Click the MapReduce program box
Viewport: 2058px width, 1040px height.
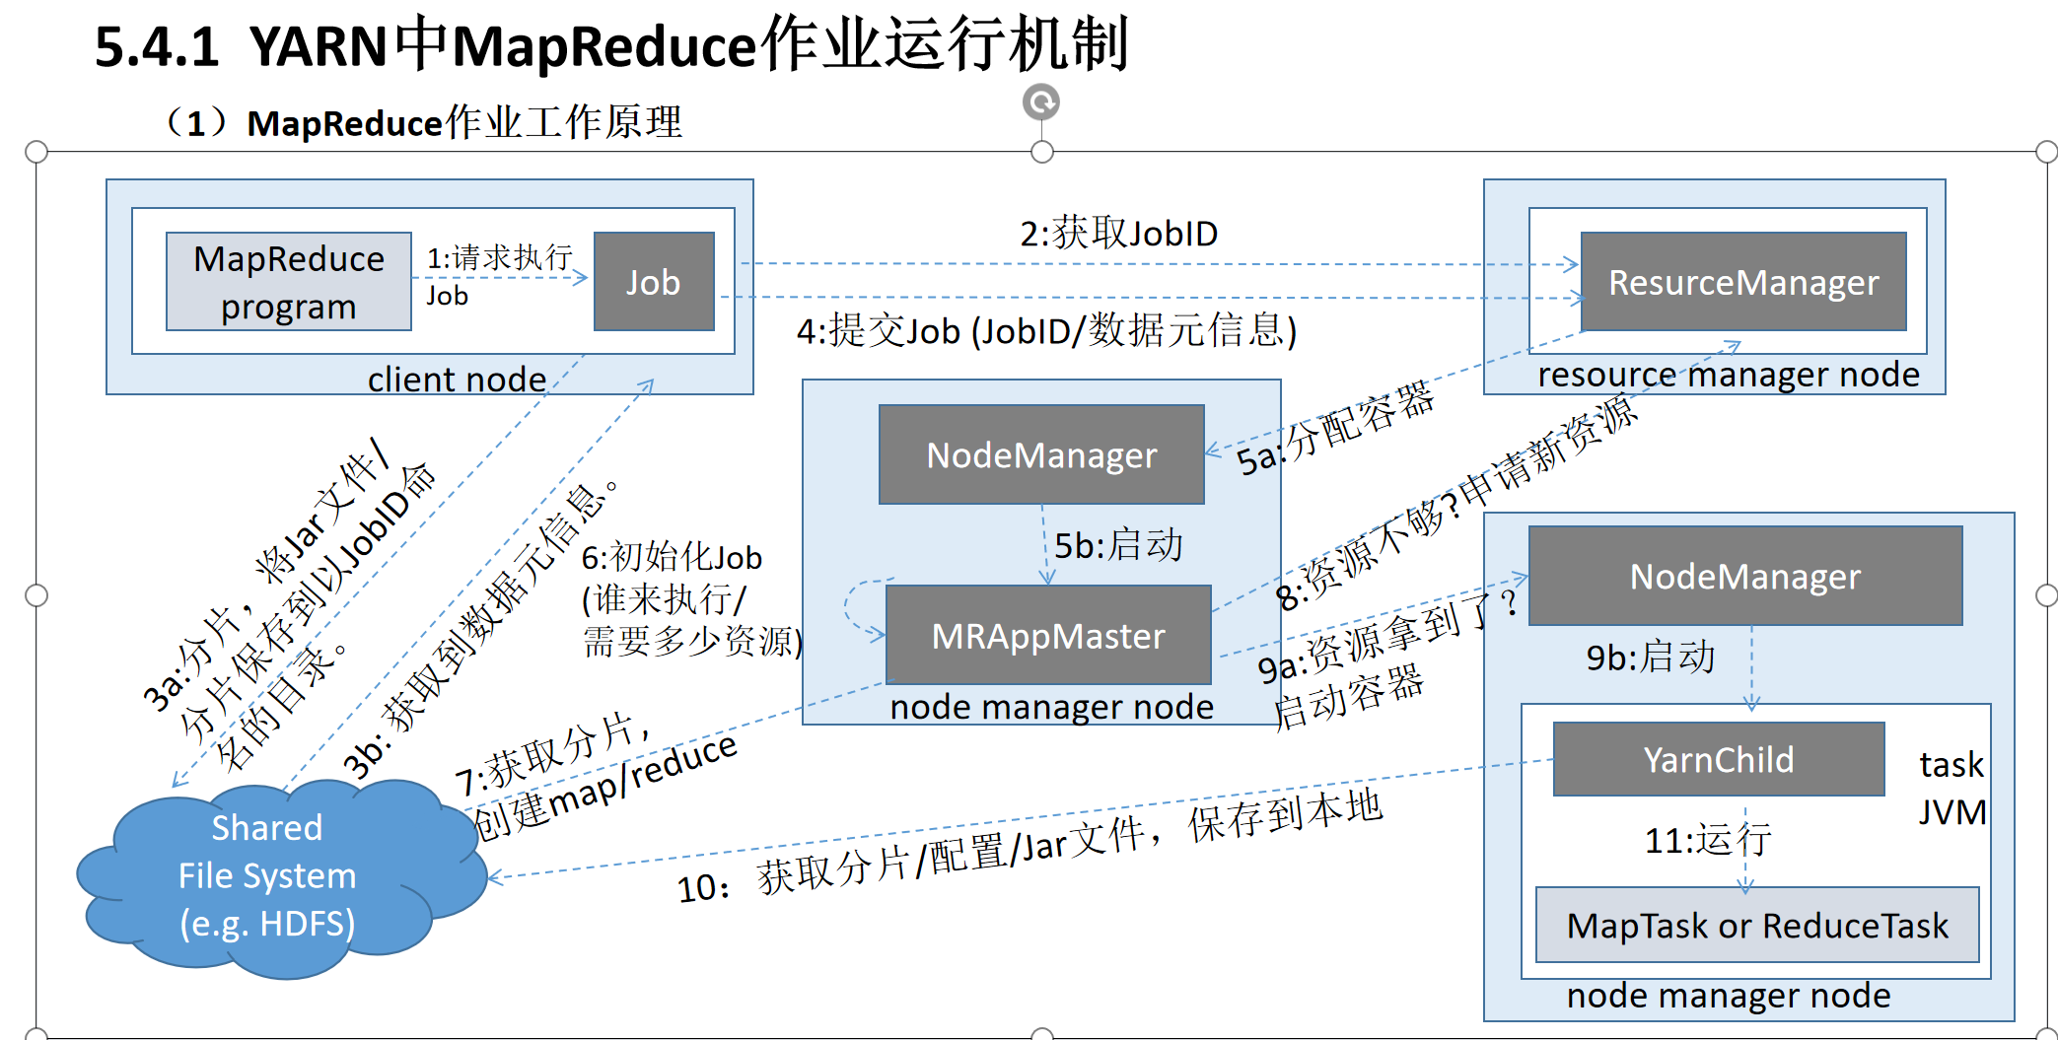[288, 282]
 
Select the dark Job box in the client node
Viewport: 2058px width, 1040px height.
[654, 282]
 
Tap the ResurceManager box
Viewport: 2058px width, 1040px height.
[1742, 282]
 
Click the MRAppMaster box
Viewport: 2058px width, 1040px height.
[1048, 636]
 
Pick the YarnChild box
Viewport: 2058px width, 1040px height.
[1718, 759]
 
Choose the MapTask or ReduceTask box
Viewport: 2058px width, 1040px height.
[1757, 926]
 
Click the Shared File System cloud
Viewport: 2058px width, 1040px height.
[267, 876]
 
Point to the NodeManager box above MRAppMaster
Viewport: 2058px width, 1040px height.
[1041, 454]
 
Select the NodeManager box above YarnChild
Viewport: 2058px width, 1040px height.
[1744, 576]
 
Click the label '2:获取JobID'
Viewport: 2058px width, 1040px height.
[1118, 234]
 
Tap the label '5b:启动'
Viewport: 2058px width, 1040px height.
[1118, 545]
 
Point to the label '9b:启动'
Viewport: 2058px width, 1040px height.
[1650, 658]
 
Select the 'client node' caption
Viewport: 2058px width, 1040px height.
[457, 380]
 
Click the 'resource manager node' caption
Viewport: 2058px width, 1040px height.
[1728, 375]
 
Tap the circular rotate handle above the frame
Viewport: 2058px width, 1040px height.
[1041, 102]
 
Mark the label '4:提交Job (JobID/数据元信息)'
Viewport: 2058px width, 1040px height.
[1046, 331]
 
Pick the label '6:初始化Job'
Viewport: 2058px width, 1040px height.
[672, 558]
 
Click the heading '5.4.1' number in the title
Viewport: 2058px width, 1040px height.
[156, 47]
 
